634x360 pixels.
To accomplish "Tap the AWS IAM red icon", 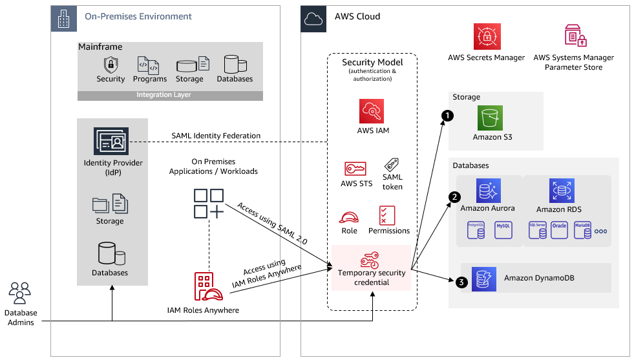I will tap(372, 111).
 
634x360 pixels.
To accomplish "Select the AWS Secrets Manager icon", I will tap(486, 37).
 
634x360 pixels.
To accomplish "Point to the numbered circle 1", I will tap(445, 114).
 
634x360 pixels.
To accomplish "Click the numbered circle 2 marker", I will tap(455, 196).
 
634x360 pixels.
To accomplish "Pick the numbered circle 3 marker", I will tap(460, 282).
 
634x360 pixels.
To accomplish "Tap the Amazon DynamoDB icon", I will tap(483, 278).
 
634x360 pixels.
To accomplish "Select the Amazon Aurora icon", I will tap(488, 191).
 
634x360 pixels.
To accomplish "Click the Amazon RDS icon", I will tap(561, 191).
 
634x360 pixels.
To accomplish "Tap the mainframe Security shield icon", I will tap(111, 65).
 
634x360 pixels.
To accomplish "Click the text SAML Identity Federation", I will tap(216, 136).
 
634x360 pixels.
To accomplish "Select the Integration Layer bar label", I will tap(164, 95).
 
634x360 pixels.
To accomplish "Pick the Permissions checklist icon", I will tap(388, 215).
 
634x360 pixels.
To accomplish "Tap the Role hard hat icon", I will tap(349, 217).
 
